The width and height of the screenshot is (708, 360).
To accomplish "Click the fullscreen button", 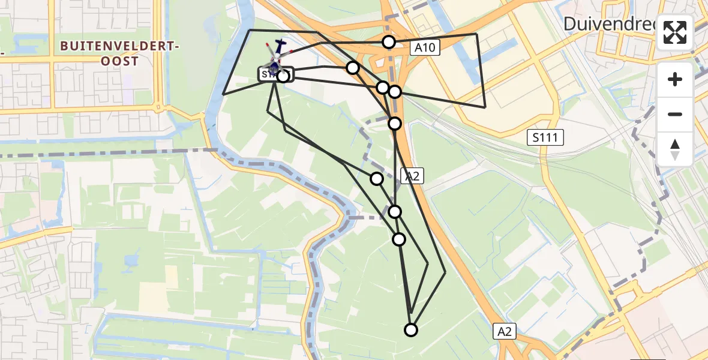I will [676, 32].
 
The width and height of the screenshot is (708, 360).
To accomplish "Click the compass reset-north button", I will [676, 149].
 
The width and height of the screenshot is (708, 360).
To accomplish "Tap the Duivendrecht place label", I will [610, 24].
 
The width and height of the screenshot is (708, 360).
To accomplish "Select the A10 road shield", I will [426, 48].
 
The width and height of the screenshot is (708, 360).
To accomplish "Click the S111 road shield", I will [545, 139].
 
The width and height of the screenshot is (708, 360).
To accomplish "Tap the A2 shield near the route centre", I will [412, 176].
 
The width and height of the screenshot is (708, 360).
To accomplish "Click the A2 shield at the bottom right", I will [505, 332].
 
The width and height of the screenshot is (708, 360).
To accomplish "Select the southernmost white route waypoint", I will [411, 329].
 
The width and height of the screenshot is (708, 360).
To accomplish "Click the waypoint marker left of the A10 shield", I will [389, 41].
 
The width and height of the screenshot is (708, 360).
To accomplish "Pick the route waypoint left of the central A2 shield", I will [377, 178].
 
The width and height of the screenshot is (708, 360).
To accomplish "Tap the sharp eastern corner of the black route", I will [485, 107].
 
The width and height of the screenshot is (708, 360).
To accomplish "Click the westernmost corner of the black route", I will [223, 94].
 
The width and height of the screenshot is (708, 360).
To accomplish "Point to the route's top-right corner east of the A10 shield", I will [477, 34].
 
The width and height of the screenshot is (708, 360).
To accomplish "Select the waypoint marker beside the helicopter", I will [283, 76].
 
